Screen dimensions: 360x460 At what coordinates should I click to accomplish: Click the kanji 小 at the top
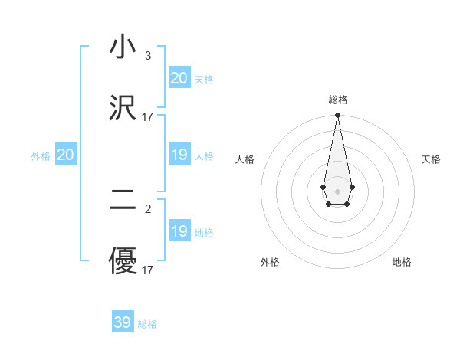[123, 47]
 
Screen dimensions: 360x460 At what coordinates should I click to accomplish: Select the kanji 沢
[123, 107]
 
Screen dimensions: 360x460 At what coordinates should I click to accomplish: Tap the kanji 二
[123, 201]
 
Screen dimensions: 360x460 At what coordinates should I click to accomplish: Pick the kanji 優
[123, 261]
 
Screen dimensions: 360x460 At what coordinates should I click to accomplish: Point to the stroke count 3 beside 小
[147, 56]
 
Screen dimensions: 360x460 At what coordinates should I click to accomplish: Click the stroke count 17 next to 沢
[148, 117]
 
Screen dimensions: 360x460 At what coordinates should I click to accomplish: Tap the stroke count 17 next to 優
[148, 270]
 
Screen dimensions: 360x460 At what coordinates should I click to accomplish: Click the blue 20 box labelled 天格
[179, 78]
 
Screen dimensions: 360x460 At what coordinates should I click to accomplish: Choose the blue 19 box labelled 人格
[179, 155]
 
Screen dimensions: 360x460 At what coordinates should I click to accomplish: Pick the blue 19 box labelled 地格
[179, 232]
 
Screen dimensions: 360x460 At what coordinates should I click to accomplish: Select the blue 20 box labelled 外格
[66, 155]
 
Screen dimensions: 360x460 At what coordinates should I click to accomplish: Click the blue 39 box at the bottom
[123, 322]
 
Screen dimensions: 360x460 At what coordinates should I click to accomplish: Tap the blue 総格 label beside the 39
[147, 324]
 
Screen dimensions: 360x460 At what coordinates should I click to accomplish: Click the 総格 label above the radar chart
[337, 100]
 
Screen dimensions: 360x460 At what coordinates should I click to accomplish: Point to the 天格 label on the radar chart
[431, 159]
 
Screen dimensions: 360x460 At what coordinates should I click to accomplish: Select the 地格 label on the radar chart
[402, 262]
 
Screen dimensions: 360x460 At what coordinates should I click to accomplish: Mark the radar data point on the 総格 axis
[337, 116]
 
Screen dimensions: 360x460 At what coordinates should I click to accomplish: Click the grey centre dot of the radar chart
[337, 191]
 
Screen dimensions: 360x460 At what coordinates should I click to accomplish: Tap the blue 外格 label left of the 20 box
[41, 156]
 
